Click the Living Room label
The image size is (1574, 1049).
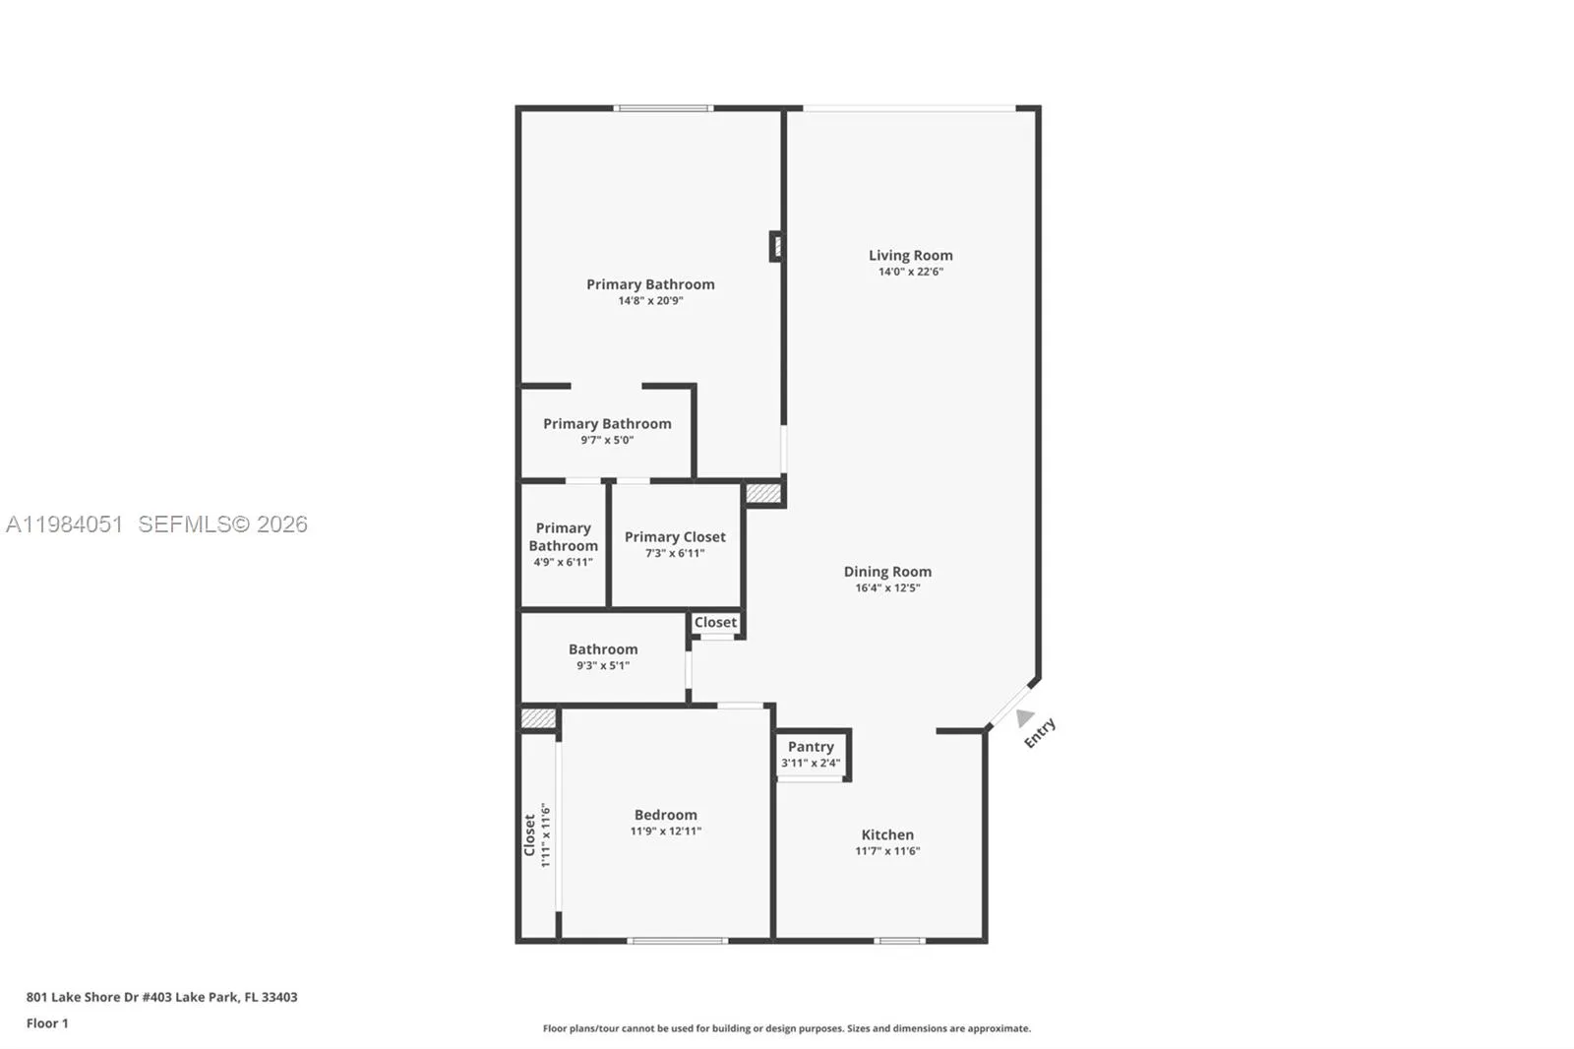[x=910, y=255]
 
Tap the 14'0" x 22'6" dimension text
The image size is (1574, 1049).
[x=910, y=272]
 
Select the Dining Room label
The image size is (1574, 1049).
[x=886, y=571]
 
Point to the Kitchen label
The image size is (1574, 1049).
[x=886, y=834]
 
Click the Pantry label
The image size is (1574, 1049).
[x=810, y=747]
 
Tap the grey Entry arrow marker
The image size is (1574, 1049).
[x=1024, y=717]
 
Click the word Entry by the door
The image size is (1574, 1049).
[x=1040, y=733]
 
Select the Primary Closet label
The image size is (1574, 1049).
[x=674, y=536]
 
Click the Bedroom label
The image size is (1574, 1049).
[x=665, y=815]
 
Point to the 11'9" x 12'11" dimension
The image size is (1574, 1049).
[x=665, y=832]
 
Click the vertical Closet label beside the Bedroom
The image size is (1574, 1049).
[x=529, y=834]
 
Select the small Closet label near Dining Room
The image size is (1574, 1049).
[x=714, y=622]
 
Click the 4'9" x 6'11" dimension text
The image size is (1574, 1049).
[x=563, y=562]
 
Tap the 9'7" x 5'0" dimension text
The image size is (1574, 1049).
[x=606, y=440]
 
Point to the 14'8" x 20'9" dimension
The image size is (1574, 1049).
[x=649, y=301]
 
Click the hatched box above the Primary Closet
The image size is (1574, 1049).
[x=762, y=492]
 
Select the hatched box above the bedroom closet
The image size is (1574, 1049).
[x=537, y=718]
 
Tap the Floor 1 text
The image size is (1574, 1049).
[x=47, y=1023]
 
